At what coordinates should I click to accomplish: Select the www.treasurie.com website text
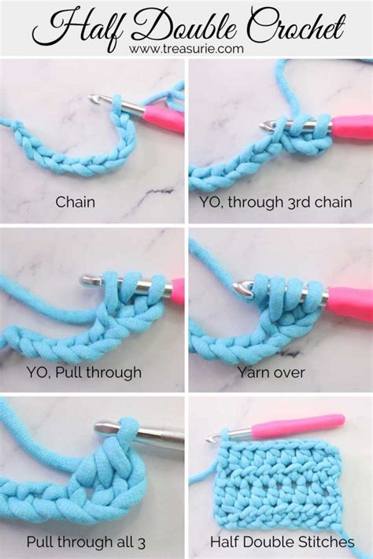tap(186, 49)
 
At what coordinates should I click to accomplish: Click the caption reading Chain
tap(76, 202)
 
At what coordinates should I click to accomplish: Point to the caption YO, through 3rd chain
tap(279, 202)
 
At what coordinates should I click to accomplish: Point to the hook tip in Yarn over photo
tap(246, 291)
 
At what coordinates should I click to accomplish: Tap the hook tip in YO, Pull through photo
tap(88, 279)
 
